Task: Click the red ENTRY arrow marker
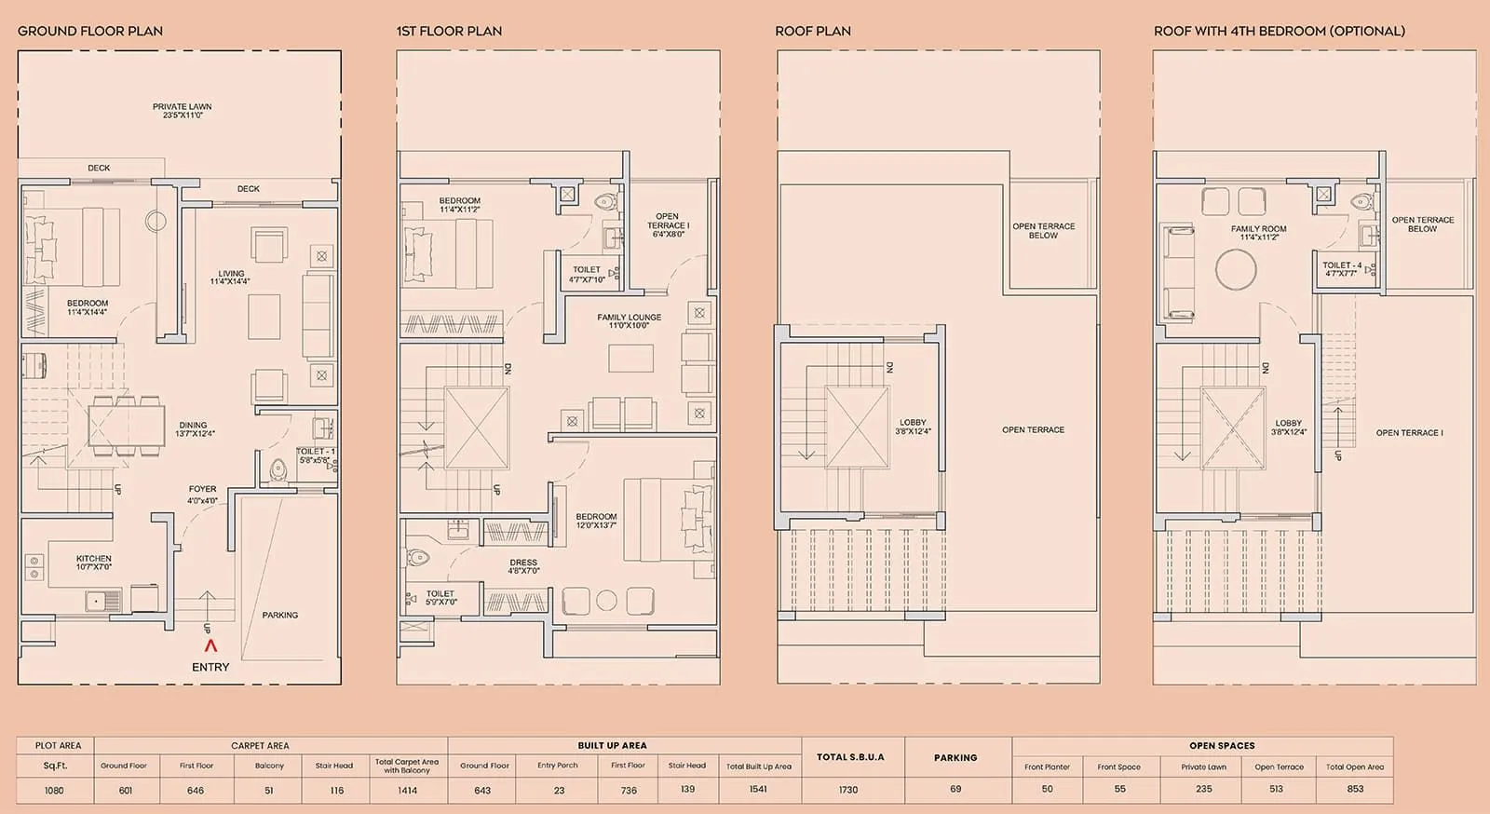tap(210, 644)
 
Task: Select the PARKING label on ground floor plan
tap(280, 615)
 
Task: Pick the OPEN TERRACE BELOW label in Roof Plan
tap(1043, 230)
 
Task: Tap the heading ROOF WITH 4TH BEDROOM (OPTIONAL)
tap(1279, 31)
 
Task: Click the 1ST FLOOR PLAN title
tap(449, 31)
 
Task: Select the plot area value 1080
tap(55, 790)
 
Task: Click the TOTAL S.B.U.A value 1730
tap(848, 790)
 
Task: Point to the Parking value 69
tap(955, 789)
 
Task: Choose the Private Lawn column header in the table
tap(1203, 767)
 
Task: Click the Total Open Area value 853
tap(1355, 789)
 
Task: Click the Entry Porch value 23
tap(558, 790)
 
